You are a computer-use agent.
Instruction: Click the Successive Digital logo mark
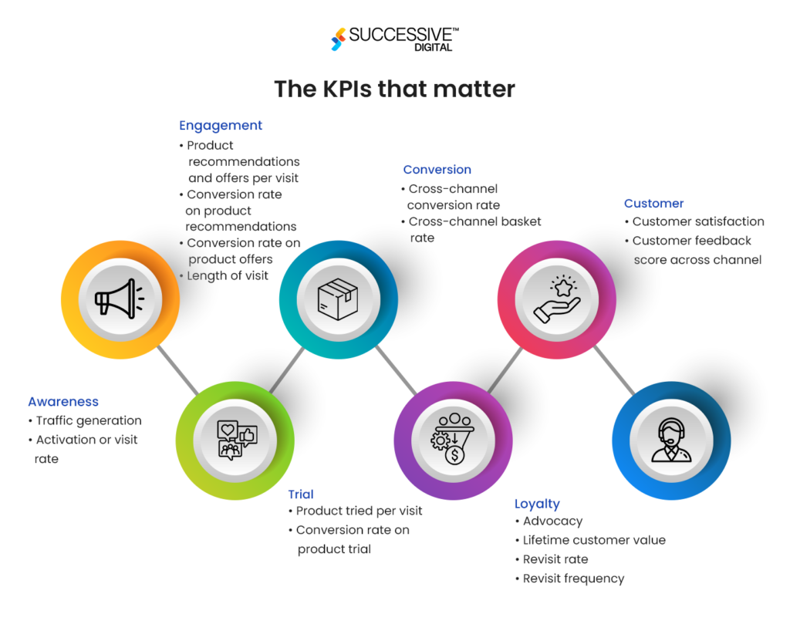point(338,39)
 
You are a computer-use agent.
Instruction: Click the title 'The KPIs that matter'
point(394,89)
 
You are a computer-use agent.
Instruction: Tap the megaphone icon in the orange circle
point(119,299)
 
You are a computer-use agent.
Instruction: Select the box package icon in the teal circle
point(338,299)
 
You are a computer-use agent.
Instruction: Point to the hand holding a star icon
point(557,299)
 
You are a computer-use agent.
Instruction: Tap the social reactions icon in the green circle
point(235,440)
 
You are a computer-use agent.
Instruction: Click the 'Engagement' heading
point(221,126)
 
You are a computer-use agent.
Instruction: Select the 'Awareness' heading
point(63,402)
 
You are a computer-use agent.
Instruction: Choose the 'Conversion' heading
point(437,170)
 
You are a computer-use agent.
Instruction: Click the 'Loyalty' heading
point(537,504)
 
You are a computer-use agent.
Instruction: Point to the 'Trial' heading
point(301,494)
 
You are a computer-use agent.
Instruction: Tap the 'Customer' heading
point(653,204)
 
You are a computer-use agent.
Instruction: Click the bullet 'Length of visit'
point(228,275)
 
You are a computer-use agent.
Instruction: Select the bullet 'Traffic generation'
point(89,420)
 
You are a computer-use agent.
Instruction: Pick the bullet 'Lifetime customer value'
point(594,540)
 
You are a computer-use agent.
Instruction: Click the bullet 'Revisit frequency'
point(573,579)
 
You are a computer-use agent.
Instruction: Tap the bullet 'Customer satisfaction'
point(698,221)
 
